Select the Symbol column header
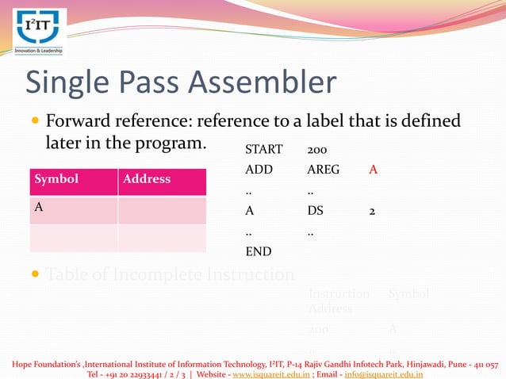56,179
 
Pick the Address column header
147,179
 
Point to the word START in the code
263,150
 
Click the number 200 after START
316,150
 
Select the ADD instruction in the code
259,170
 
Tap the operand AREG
323,170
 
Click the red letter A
373,170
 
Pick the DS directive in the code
315,212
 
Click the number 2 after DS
372,212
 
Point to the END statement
258,252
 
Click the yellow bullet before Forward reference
34,123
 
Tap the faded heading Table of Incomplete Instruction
170,275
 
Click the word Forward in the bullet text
79,123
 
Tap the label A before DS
249,212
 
